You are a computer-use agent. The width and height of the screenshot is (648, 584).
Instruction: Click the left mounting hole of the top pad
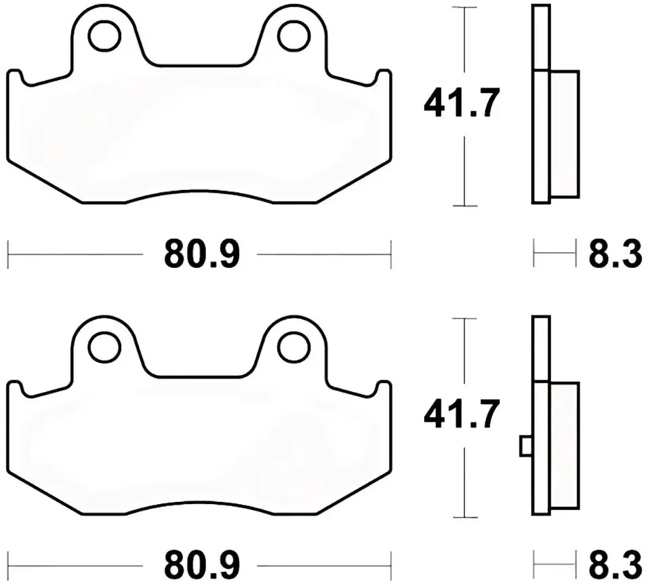tap(104, 36)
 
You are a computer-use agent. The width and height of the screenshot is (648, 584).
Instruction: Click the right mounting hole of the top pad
tap(294, 36)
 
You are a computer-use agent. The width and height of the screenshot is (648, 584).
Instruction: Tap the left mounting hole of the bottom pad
tap(104, 348)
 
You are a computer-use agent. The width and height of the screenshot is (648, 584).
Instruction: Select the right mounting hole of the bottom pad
tap(294, 348)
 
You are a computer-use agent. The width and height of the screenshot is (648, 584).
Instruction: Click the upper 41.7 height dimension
tap(462, 102)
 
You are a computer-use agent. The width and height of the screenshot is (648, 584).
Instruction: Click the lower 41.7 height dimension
tap(462, 414)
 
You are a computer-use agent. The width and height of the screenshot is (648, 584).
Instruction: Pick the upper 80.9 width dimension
tap(202, 254)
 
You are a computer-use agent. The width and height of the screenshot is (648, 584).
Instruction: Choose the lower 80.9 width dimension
tap(202, 566)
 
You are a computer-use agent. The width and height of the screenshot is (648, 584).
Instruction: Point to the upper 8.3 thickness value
tap(615, 254)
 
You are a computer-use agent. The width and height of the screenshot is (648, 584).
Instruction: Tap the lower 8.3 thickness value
tap(615, 566)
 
